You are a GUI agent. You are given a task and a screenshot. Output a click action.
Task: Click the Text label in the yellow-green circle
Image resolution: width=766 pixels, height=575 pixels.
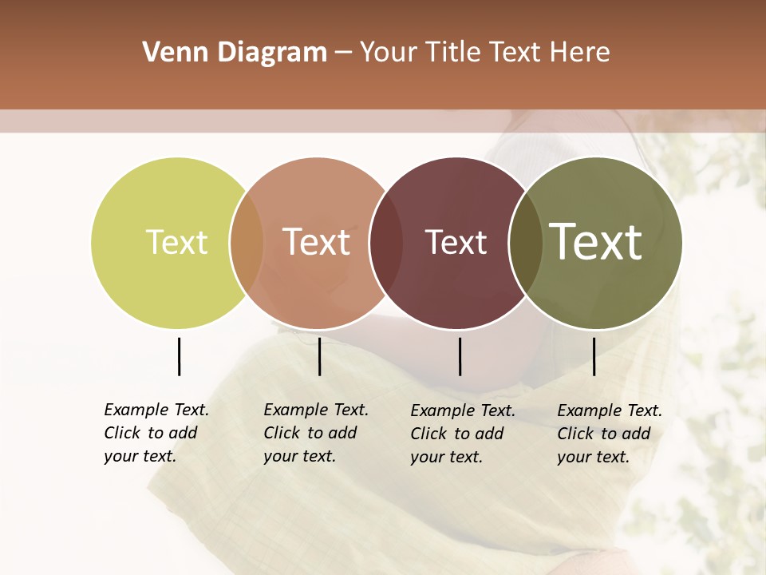pos(176,242)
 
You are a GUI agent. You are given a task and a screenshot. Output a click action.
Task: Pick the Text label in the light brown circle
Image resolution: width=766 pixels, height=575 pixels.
pos(317,242)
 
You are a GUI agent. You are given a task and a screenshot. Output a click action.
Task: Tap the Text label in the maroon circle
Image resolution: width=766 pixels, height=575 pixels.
pos(456,242)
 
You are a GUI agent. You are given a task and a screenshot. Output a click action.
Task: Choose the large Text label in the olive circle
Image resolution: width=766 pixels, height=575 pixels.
pos(596,242)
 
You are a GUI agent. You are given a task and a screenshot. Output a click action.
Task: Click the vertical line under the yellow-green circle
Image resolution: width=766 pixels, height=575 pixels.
pos(179,356)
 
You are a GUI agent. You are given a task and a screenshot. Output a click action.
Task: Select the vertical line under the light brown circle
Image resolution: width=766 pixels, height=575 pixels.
pos(319,356)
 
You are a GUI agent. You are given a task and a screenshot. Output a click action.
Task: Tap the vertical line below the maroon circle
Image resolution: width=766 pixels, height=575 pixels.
pos(460,356)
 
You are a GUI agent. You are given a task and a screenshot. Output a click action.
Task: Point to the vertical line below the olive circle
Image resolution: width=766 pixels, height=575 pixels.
pos(594,356)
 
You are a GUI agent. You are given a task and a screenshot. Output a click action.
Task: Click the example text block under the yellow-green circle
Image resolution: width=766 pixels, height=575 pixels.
pos(156,433)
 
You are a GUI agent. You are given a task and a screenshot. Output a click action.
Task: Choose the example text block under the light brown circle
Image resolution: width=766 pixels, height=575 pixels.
pos(316,433)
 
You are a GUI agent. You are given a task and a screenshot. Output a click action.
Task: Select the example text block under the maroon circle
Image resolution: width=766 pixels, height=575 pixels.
pos(463,434)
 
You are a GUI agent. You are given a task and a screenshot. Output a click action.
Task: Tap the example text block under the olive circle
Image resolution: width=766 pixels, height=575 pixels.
pos(610,434)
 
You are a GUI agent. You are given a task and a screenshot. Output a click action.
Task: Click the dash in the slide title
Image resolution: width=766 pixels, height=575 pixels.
pos(343,54)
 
